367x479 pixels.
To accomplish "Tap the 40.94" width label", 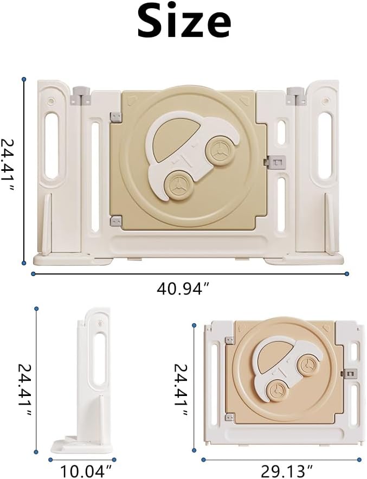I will point(183,290).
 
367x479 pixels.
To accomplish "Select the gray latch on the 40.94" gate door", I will point(276,162).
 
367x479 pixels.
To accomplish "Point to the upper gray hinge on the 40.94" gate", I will point(115,118).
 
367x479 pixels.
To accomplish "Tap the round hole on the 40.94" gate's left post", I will point(51,100).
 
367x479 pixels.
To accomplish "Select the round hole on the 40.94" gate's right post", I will point(325,100).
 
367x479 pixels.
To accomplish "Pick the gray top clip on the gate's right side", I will point(296,96).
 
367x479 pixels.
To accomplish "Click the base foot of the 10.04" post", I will point(81,445).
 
